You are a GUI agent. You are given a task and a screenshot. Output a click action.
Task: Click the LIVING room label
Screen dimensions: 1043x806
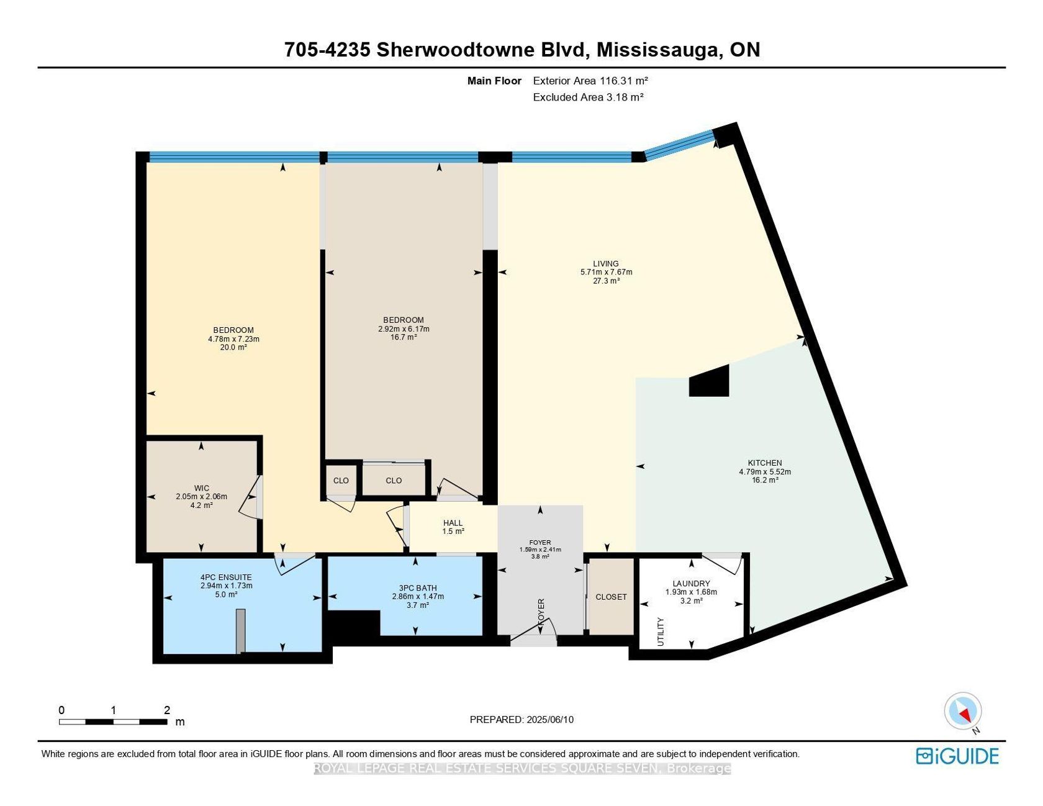[606, 263]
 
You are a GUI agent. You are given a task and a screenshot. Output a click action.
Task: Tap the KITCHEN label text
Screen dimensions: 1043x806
[765, 463]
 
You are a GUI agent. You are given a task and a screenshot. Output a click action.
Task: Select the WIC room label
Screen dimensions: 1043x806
[201, 488]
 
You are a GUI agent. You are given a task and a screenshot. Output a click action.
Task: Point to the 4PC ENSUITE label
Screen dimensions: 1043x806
[226, 577]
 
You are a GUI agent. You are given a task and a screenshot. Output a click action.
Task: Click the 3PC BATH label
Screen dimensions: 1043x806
[418, 588]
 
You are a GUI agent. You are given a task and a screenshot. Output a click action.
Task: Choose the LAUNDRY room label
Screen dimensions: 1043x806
[691, 584]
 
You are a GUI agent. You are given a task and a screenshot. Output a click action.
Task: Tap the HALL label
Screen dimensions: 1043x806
[453, 523]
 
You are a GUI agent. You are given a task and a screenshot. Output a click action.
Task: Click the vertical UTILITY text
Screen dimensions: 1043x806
[661, 632]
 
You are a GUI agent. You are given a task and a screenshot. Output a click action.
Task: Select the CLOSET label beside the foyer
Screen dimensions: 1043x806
[611, 597]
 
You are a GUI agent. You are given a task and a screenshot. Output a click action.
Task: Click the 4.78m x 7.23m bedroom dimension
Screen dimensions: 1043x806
[233, 339]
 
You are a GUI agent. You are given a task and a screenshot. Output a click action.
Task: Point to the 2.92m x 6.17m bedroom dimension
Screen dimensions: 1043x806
[404, 329]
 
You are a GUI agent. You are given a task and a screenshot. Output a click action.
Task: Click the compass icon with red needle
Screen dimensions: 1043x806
[963, 711]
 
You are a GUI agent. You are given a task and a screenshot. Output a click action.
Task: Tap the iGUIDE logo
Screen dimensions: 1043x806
[957, 756]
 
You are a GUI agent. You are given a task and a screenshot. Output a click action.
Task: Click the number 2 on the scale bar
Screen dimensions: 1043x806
[167, 710]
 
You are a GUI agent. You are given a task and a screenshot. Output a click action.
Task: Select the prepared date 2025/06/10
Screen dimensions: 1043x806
[549, 720]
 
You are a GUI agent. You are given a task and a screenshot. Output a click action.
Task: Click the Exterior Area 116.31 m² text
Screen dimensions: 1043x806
[590, 81]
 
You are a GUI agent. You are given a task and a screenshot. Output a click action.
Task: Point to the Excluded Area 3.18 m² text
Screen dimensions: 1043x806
[588, 97]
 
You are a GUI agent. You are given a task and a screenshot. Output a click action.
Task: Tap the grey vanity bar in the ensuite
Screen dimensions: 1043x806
[241, 631]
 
